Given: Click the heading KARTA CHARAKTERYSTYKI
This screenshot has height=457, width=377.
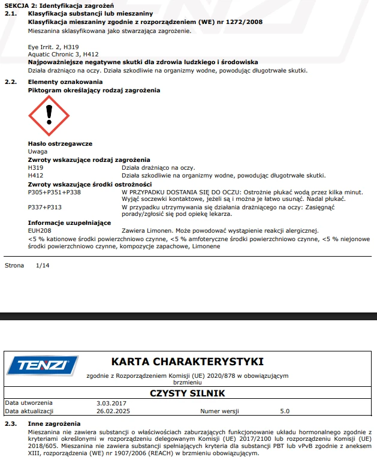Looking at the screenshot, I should [x=187, y=362].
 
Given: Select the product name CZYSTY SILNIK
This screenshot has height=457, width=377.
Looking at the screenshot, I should [x=187, y=393].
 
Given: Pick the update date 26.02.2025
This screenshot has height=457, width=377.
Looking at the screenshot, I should [x=113, y=411].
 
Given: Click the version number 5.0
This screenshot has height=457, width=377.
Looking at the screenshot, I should [x=285, y=411].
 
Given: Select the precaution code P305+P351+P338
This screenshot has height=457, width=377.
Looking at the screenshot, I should [x=55, y=192].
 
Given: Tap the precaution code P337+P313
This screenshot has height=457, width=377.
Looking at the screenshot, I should [x=45, y=207].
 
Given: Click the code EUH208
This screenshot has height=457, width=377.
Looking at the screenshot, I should [x=39, y=230].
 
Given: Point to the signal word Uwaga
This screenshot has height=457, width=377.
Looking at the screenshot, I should [x=38, y=152].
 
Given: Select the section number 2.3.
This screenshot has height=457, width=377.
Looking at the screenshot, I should [x=10, y=424].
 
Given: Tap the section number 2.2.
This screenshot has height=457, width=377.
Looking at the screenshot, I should [x=10, y=82].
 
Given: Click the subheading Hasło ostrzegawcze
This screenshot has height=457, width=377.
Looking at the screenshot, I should [x=59, y=144].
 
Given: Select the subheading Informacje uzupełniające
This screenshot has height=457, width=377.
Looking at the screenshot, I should [x=70, y=223].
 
